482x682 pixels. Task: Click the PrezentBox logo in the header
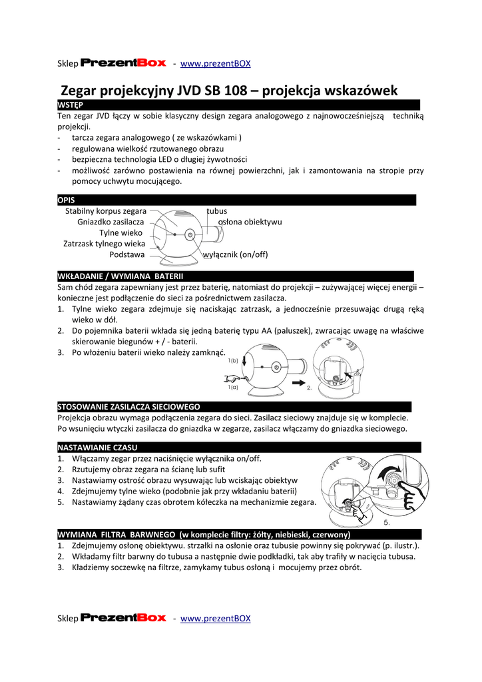click(x=123, y=63)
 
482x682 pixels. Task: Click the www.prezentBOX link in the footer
click(x=216, y=618)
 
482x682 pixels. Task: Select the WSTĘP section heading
click(x=70, y=105)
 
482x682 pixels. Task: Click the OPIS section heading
click(x=67, y=200)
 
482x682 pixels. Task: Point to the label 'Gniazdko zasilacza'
click(x=111, y=222)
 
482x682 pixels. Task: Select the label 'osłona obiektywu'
click(x=250, y=222)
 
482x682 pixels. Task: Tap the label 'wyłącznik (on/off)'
click(x=235, y=255)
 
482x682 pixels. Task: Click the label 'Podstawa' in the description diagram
click(x=126, y=254)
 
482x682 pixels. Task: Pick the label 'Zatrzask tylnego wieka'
click(x=104, y=244)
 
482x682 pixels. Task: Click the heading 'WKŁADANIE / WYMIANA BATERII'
click(x=120, y=276)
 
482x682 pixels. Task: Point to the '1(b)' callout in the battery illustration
click(x=232, y=360)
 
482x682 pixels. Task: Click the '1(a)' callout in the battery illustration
click(x=232, y=387)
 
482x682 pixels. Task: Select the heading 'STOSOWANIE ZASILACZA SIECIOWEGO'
click(x=129, y=406)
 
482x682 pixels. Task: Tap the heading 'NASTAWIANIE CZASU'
click(x=97, y=447)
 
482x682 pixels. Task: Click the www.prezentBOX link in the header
click(x=216, y=63)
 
